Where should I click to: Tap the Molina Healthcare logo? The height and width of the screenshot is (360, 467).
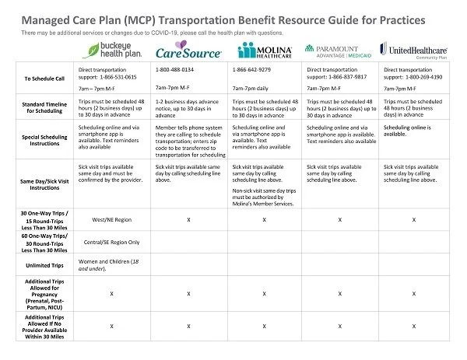265,52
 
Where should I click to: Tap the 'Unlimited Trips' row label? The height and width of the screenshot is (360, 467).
40,264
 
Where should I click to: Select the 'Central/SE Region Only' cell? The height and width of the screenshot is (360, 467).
113,242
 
